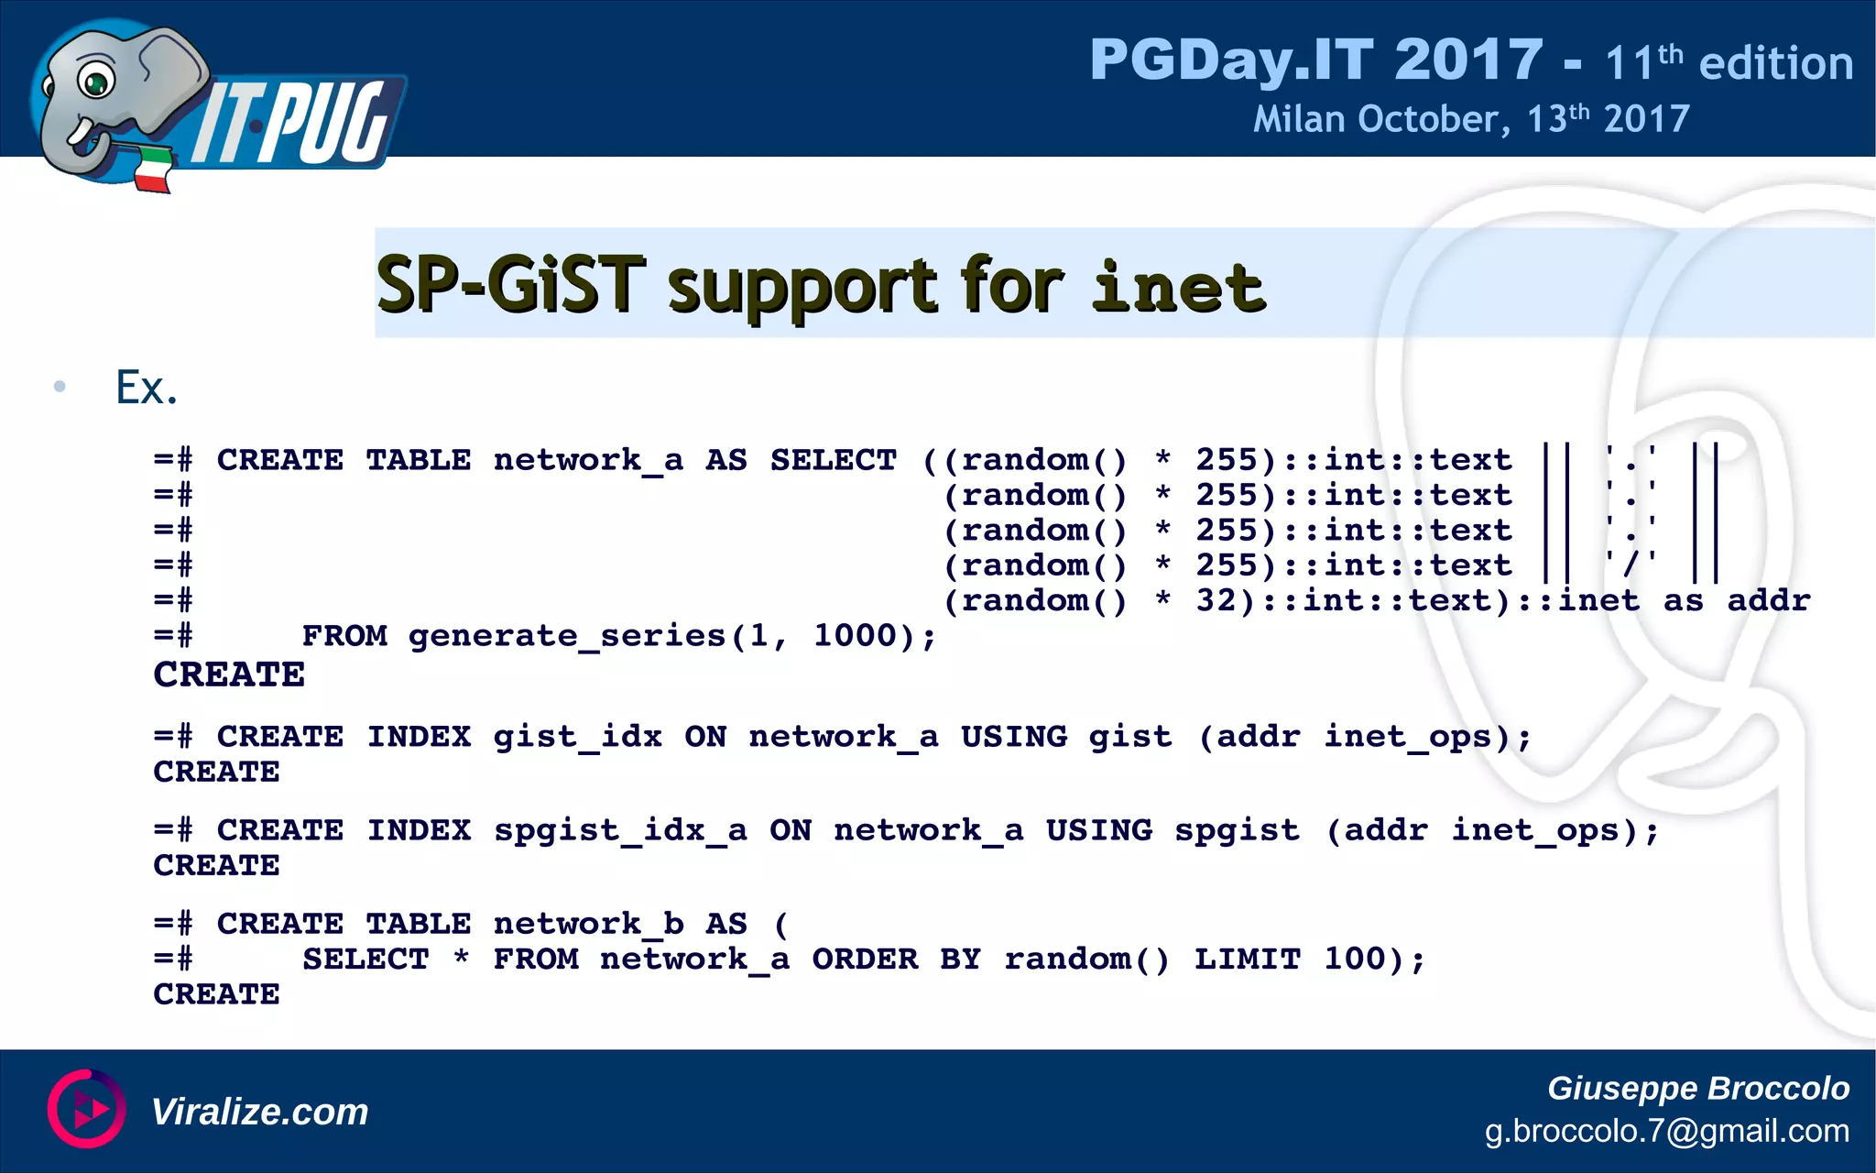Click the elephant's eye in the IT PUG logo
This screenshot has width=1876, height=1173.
[x=95, y=82]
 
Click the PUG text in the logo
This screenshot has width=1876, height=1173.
[x=330, y=124]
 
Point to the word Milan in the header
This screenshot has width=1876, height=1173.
[x=1299, y=120]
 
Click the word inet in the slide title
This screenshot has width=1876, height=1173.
[x=1179, y=287]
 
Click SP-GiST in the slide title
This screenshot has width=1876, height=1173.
[x=511, y=285]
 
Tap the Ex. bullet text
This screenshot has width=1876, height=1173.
[x=146, y=388]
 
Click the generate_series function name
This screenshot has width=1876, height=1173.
[x=567, y=636]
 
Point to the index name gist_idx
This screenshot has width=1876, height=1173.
[x=577, y=737]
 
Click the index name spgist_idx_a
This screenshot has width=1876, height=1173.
[x=620, y=831]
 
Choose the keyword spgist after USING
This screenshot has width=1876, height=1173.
[x=1237, y=831]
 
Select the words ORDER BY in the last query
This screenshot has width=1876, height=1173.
[x=865, y=959]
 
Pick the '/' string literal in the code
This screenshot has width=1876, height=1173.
[x=1631, y=565]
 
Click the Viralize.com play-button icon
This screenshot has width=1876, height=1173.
[x=86, y=1109]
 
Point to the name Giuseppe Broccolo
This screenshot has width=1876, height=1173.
[x=1697, y=1088]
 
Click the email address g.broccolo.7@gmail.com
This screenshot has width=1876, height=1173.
[x=1666, y=1131]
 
